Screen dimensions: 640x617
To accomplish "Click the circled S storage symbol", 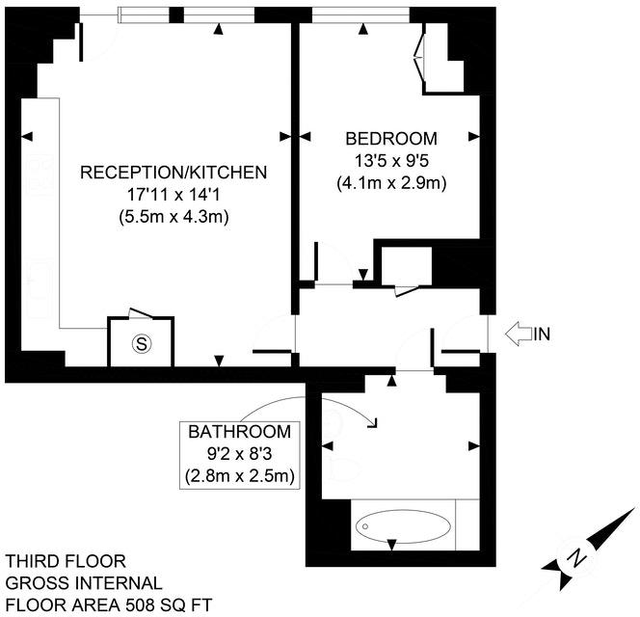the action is tap(142, 344).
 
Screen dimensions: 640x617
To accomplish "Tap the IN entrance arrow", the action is tap(519, 334).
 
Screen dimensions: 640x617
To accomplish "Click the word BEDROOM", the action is tap(391, 139).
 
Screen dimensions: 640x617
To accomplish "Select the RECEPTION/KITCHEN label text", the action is tap(173, 173).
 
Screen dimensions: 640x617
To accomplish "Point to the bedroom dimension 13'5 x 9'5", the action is tap(391, 161).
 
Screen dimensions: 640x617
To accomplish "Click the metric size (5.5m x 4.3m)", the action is tap(173, 216).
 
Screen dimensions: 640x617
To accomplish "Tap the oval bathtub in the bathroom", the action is tap(403, 526).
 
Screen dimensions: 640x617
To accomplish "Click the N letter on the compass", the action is tap(576, 557).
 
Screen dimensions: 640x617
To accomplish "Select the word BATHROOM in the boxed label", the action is tap(240, 432).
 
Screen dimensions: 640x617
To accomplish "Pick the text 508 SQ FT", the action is tap(169, 604).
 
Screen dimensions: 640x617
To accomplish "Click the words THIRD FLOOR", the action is tap(66, 561).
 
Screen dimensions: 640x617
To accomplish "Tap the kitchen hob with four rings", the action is tap(40, 174).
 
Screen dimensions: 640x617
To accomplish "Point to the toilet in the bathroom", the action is tap(342, 469).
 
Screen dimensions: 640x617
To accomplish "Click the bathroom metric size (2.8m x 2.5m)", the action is tap(240, 476).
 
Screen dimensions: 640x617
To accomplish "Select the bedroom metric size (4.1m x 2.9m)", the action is tap(391, 183).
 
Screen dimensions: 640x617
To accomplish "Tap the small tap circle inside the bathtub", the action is tap(365, 526).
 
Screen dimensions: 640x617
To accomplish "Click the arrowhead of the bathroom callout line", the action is tap(374, 425).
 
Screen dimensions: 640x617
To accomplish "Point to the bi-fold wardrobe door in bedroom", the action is tap(419, 58).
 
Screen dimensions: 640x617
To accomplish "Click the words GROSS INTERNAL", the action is tap(84, 582).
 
